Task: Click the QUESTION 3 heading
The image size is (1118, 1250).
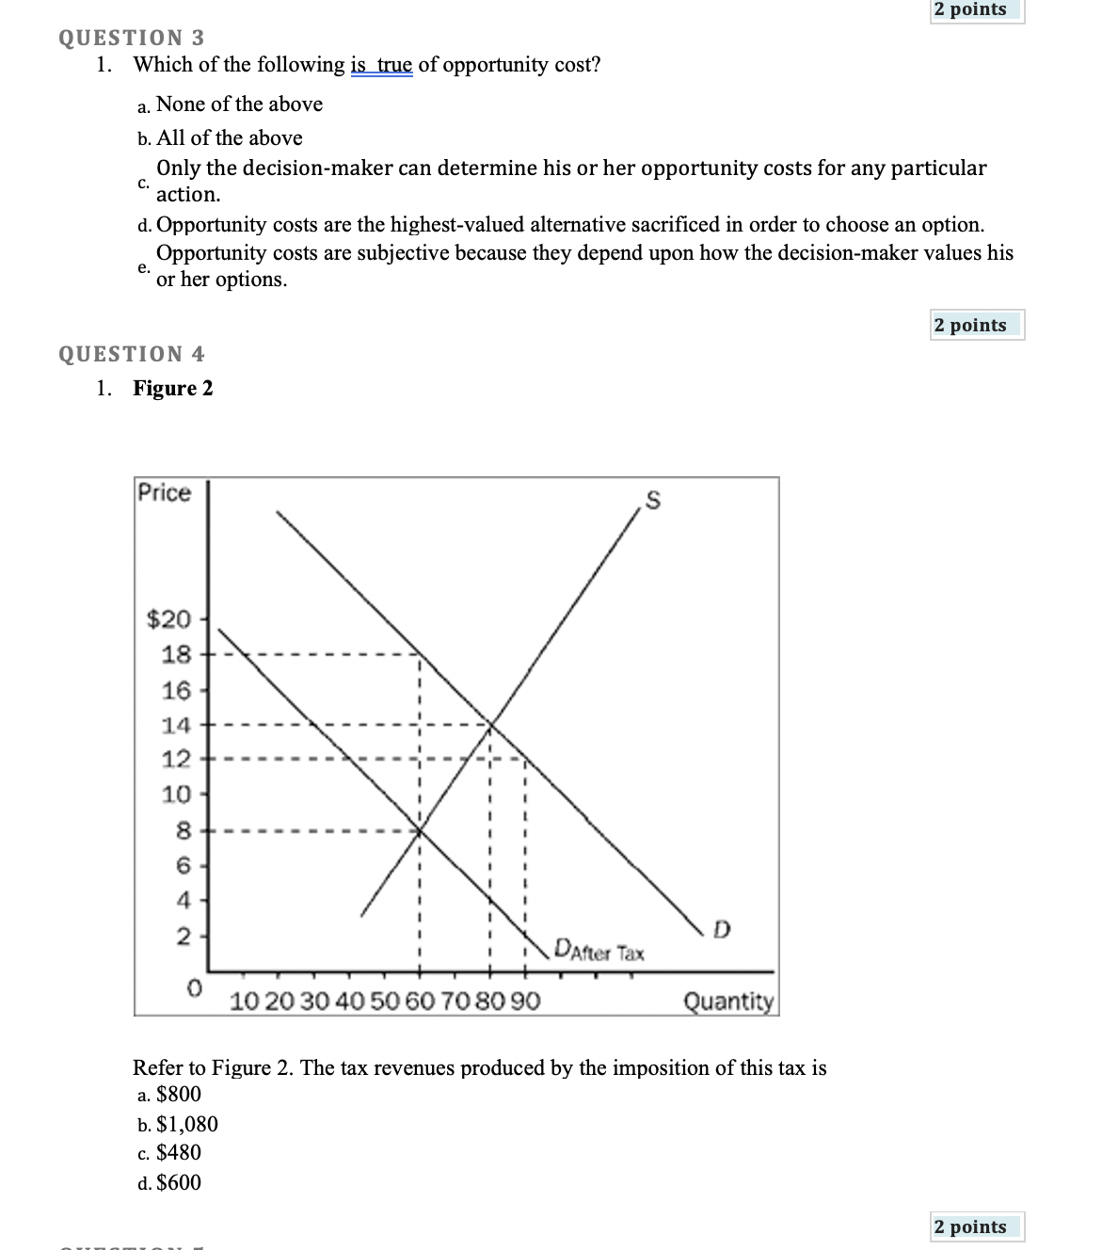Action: tap(131, 38)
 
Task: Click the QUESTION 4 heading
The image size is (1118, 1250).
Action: tap(131, 354)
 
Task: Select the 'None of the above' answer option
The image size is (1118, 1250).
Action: tap(238, 104)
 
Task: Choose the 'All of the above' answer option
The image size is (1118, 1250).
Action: tap(229, 138)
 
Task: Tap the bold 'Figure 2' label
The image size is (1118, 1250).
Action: tap(173, 389)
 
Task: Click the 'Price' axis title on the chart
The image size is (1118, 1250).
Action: tap(165, 493)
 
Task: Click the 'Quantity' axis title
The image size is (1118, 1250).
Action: tap(728, 1001)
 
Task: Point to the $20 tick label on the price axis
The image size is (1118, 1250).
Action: tap(169, 619)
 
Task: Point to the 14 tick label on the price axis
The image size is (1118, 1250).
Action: tap(176, 725)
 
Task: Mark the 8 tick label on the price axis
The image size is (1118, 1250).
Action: tap(184, 831)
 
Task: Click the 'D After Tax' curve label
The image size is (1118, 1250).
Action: tap(599, 950)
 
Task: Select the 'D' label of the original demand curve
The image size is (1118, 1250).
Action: tap(721, 931)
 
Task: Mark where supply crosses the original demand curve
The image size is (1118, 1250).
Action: tap(490, 724)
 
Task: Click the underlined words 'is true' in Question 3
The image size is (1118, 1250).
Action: tap(381, 65)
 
